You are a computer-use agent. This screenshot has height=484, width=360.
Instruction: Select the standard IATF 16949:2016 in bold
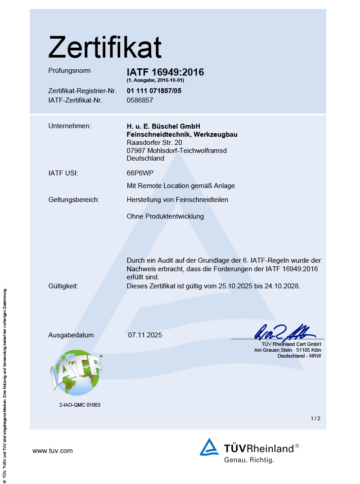tap(165, 72)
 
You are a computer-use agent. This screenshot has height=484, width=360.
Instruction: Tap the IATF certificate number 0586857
tap(140, 100)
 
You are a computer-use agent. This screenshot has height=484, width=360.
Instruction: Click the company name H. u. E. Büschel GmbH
tap(163, 126)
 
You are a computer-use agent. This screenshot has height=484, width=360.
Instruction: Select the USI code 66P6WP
tap(139, 173)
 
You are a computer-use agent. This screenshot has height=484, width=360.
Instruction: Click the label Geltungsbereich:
tap(74, 200)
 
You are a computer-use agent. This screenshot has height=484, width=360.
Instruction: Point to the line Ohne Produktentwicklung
tap(165, 216)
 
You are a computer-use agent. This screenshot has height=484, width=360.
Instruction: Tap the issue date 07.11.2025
tap(145, 335)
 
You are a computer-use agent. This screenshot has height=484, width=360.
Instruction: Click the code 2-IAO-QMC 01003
tap(80, 405)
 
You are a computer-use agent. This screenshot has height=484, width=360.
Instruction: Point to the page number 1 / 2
tap(315, 418)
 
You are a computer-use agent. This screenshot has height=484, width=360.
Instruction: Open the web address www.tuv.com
tap(53, 451)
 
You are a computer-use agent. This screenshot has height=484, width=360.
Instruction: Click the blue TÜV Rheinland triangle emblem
tap(209, 447)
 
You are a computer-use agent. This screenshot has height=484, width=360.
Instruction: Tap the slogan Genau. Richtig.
tap(249, 460)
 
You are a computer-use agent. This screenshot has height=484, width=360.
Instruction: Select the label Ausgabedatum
tap(71, 335)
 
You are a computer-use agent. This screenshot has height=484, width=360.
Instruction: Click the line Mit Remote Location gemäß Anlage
tap(181, 186)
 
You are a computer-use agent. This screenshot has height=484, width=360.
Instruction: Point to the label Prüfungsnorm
tap(69, 71)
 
